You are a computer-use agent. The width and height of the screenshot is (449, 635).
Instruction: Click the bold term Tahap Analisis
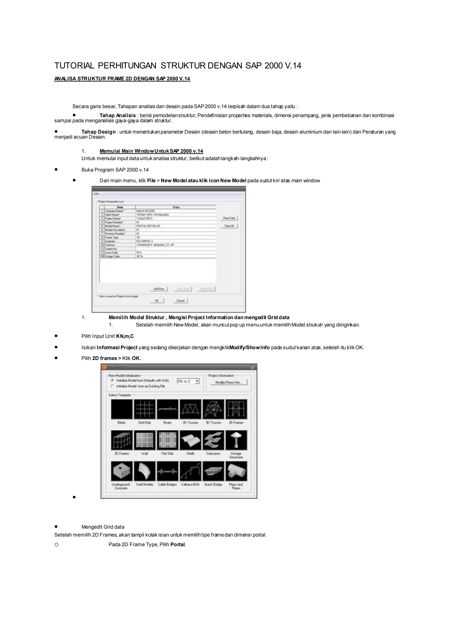[118, 115]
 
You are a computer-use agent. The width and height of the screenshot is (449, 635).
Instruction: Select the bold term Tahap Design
[98, 132]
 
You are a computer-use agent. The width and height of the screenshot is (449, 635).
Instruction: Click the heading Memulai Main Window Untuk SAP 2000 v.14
[151, 151]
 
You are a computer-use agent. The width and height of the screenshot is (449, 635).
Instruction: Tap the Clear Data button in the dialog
[229, 218]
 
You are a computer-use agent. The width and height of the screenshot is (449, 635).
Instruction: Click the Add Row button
[159, 289]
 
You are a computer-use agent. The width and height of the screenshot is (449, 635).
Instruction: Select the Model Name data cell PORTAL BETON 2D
[148, 226]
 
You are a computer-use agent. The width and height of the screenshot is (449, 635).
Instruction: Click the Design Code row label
[112, 256]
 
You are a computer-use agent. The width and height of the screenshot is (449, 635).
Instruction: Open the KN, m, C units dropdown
[197, 381]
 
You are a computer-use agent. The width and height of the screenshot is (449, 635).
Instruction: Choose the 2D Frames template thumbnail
[236, 409]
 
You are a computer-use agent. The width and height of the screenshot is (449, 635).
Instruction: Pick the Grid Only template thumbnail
[145, 409]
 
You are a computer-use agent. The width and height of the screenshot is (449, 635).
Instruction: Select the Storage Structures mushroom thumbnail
[236, 440]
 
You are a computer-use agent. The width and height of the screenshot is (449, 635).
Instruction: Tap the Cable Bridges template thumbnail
[167, 471]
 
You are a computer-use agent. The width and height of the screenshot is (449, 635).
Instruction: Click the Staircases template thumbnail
[213, 440]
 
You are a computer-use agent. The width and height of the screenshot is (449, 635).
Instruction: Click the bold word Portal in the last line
[178, 545]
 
